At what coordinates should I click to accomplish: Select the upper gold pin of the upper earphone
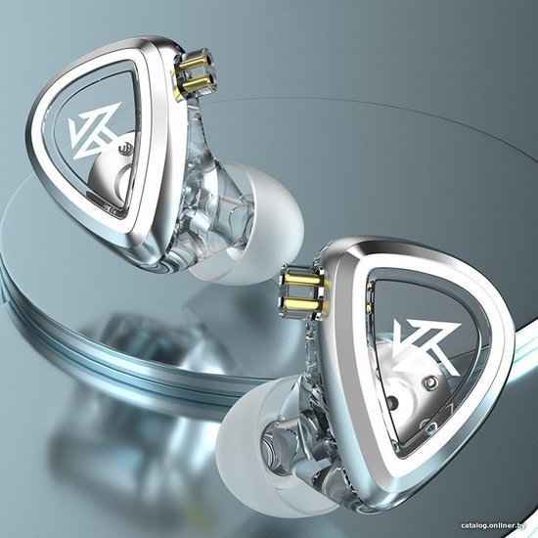pos(195,66)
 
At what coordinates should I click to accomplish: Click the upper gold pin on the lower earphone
pos(301,281)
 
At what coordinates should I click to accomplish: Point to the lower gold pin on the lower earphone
pos(301,303)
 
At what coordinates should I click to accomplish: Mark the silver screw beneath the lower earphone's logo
pos(431,382)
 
